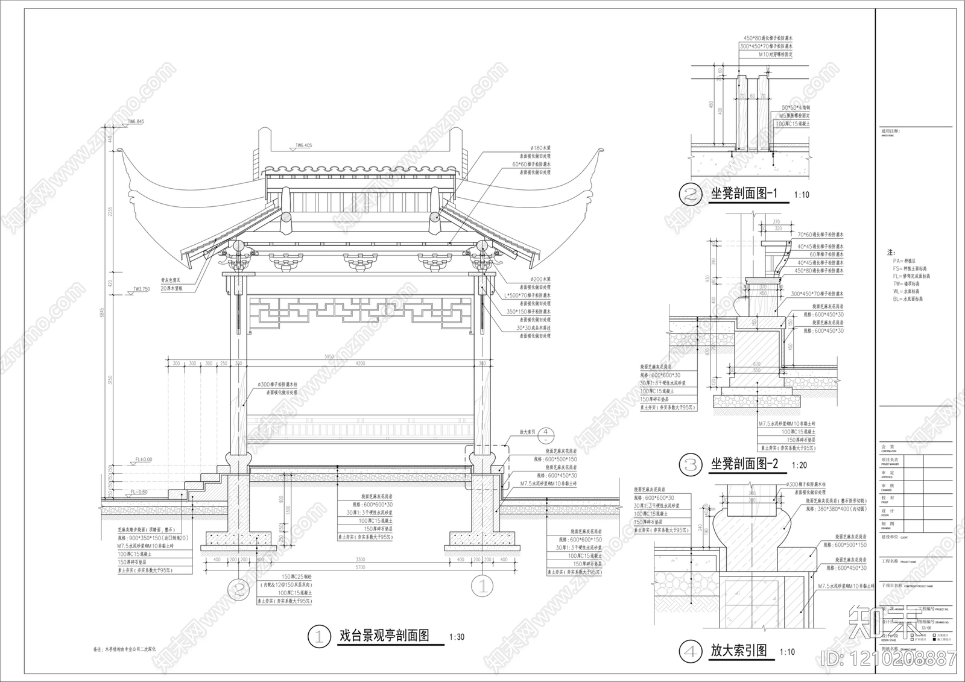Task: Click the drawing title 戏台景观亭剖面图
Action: click(384, 636)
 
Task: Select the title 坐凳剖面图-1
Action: click(745, 194)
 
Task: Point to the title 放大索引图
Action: click(739, 651)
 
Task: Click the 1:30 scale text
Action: click(457, 637)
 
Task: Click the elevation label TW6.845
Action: click(136, 122)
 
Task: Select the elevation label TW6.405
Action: click(305, 145)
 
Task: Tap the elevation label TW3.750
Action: click(141, 290)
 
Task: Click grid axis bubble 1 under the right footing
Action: click(482, 585)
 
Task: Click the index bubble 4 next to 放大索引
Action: click(545, 432)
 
